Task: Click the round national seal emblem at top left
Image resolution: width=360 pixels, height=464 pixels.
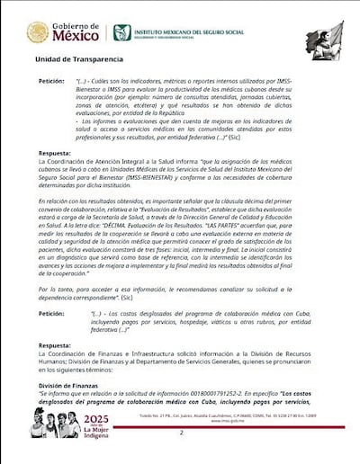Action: click(38, 32)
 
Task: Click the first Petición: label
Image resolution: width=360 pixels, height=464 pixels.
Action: click(50, 81)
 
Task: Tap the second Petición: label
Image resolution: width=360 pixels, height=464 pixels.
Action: click(50, 314)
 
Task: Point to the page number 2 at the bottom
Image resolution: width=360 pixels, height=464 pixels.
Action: click(181, 432)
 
